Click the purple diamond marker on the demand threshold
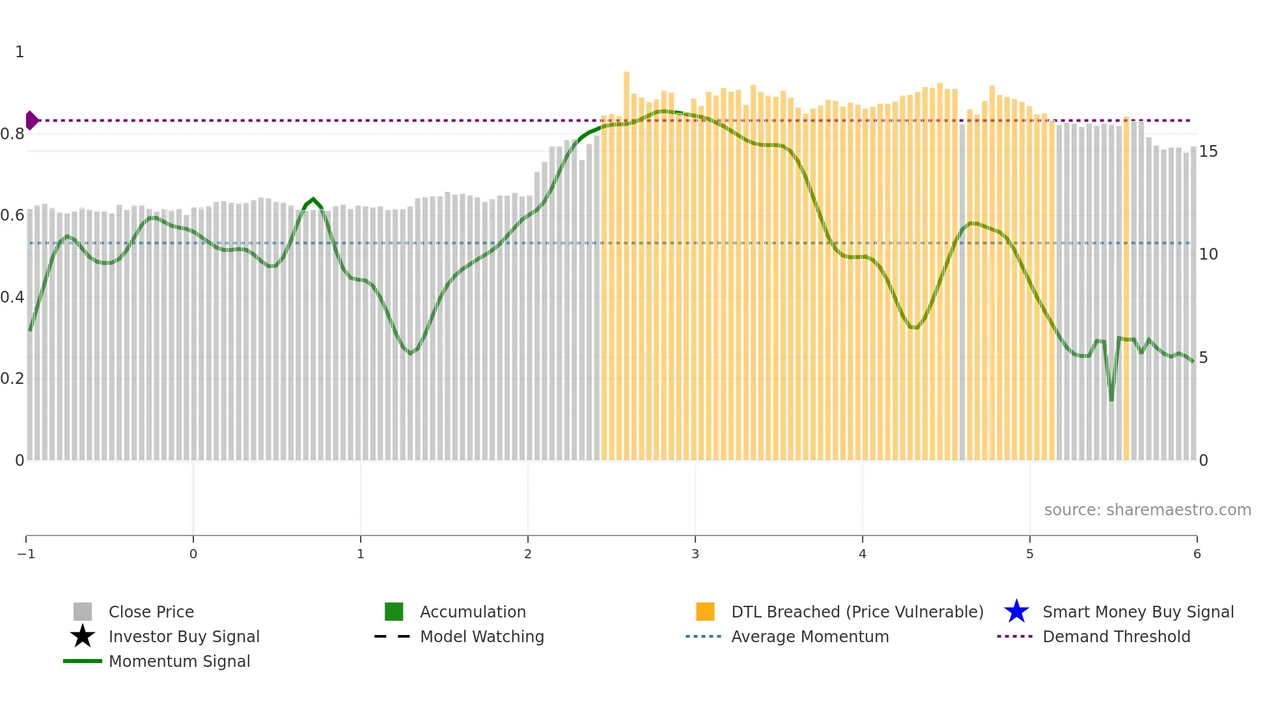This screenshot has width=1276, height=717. (31, 120)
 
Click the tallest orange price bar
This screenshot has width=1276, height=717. (626, 260)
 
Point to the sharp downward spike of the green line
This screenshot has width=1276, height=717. (1111, 398)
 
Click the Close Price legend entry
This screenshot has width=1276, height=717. (151, 612)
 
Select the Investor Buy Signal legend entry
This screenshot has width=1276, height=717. (184, 636)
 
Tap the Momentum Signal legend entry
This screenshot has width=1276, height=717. (179, 661)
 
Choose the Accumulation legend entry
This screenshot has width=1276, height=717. (473, 612)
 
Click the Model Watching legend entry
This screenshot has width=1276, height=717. (482, 636)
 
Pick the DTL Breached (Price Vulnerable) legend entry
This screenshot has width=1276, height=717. (857, 612)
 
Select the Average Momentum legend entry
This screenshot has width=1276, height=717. (810, 636)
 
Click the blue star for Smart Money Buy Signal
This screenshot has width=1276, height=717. (1016, 612)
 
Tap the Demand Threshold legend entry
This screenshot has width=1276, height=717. (1116, 636)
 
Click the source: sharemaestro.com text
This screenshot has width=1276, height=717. (1147, 509)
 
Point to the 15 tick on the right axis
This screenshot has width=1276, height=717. (1208, 152)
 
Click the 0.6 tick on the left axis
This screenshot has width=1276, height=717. (12, 215)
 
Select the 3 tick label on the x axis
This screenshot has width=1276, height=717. (695, 554)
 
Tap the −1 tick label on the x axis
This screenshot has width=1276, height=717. (26, 554)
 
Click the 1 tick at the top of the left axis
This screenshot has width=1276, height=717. (20, 52)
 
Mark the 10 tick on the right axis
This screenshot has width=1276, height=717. (1208, 254)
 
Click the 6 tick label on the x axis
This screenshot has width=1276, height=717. (1197, 554)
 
